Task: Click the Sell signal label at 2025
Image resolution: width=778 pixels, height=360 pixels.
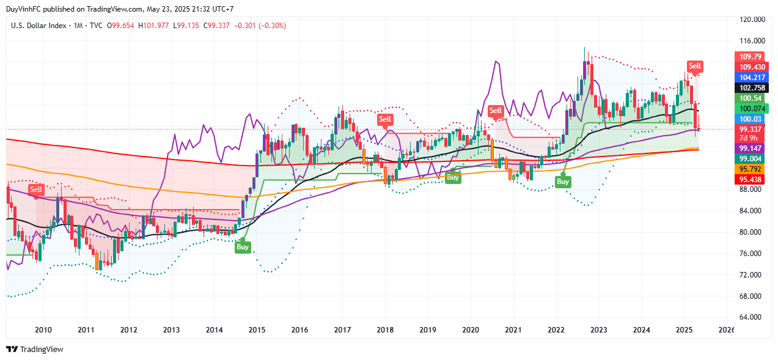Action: coord(695,66)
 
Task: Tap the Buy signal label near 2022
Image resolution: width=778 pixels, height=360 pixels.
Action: coord(563,181)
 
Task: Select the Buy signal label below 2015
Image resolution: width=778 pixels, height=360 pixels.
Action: coord(243,247)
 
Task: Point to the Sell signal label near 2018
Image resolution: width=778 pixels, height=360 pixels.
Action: coord(384,119)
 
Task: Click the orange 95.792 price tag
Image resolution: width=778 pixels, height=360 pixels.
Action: coord(749,169)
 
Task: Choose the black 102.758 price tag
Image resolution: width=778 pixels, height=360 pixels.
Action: coord(749,87)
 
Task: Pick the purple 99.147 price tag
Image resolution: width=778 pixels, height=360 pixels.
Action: coord(749,149)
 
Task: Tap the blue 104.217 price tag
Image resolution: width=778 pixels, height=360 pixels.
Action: coord(749,78)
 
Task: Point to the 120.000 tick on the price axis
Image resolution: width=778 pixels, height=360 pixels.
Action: coord(752,20)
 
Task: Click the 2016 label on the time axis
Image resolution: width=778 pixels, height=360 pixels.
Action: coord(299,330)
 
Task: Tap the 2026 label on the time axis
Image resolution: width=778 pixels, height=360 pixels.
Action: coord(727,330)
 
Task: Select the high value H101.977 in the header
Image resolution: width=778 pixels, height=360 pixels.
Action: coord(155,26)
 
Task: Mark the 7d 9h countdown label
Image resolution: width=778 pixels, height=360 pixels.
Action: coord(748,138)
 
